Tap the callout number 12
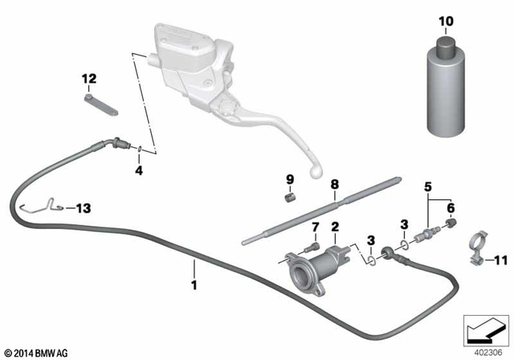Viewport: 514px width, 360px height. tap(88, 79)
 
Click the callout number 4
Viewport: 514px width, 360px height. tap(138, 170)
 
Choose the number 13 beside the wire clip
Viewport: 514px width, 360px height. tap(83, 207)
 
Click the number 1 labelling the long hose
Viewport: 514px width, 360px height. tap(194, 284)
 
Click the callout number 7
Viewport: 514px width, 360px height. tap(315, 227)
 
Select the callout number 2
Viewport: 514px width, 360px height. tap(334, 227)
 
